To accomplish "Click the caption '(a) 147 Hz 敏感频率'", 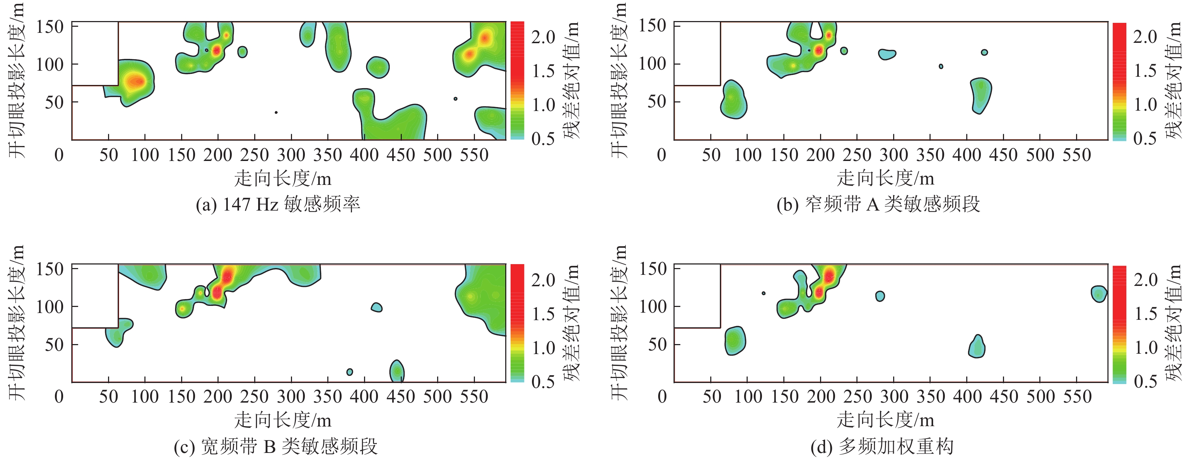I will pos(278,204).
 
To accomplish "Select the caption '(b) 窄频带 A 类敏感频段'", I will pos(879,204).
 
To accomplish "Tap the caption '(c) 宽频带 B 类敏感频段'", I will pos(276,447).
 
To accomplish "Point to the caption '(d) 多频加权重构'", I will pos(882,447).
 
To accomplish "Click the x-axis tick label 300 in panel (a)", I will pos(291,155).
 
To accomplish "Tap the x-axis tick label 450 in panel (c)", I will pos(401,397).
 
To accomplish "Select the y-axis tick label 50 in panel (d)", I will pos(657,344).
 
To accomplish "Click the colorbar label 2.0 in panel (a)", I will pos(543,37).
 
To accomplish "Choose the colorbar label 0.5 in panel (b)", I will pos(1145,138).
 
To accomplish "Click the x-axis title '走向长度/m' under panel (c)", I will pos(283,420).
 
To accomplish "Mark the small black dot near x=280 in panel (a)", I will pos(276,112).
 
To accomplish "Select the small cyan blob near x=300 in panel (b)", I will pos(886,54).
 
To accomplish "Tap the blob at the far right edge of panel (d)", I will pos(1099,294).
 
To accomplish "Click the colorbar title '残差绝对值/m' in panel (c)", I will pos(572,323).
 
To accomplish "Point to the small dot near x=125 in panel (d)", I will pos(763,293).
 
